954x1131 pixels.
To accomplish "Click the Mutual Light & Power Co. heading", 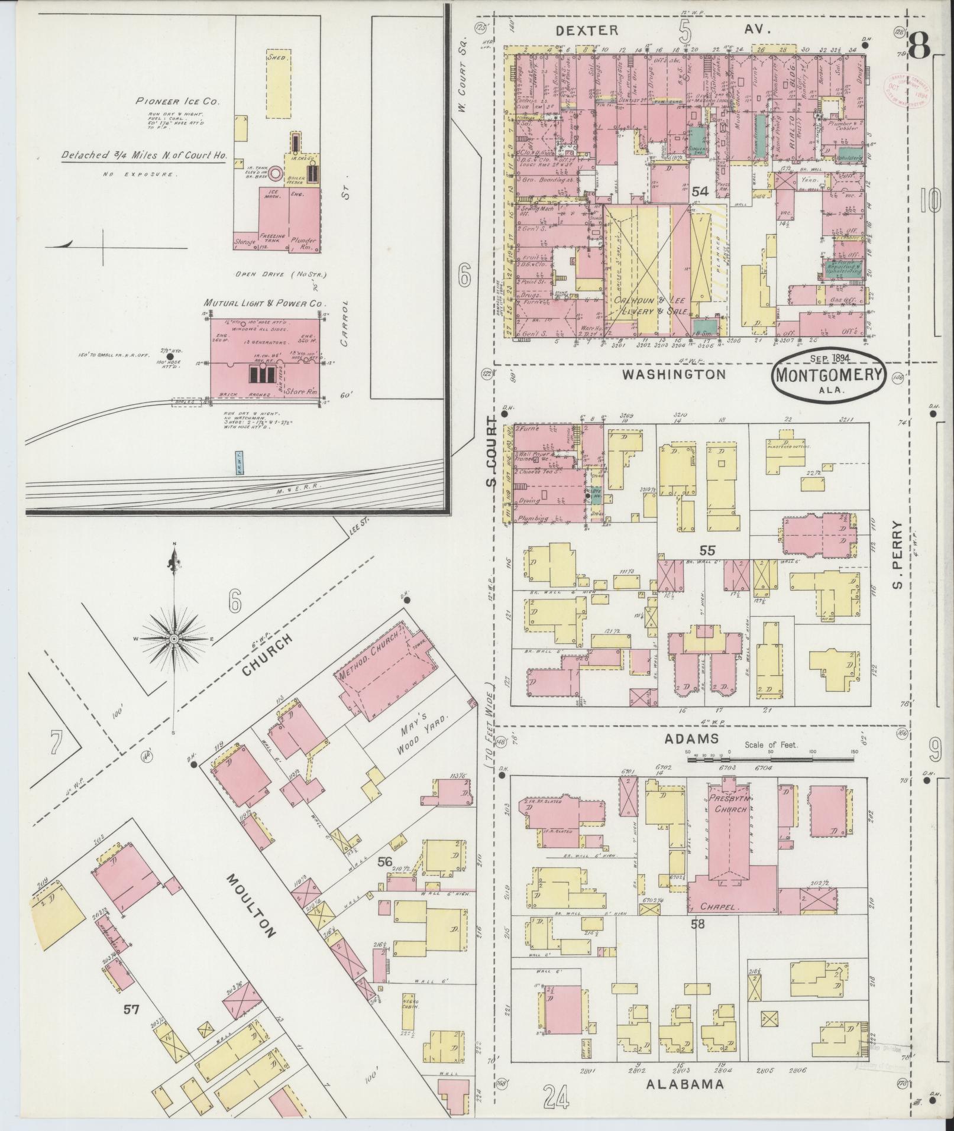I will (266, 303).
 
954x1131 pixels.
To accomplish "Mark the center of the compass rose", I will (174, 640).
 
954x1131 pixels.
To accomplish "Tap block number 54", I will (700, 192).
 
